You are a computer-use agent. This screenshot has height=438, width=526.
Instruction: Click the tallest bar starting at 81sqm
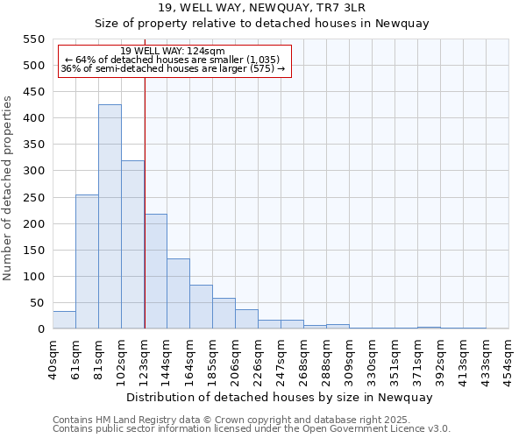[110, 216]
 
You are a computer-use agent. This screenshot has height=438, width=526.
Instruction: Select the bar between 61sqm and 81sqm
[87, 261]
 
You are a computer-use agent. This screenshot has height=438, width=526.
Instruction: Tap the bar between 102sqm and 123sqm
[132, 244]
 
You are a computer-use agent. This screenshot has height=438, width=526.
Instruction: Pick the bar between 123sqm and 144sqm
[155, 271]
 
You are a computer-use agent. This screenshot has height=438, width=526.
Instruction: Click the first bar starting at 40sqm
[64, 320]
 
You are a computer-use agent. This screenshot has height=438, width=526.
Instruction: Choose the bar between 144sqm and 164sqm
[178, 293]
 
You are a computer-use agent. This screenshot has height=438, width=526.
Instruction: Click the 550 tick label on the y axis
[33, 39]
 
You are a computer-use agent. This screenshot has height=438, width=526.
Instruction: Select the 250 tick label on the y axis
[33, 197]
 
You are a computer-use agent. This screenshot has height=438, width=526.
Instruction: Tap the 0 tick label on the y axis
[40, 329]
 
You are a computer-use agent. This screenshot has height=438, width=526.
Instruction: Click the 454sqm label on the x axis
[509, 357]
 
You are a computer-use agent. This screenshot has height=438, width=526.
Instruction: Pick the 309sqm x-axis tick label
[350, 357]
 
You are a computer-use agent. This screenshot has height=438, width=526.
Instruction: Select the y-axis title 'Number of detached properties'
[9, 188]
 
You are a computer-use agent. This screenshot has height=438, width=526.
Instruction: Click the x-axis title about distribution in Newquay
[280, 397]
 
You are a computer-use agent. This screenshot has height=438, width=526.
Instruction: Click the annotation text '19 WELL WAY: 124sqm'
[173, 51]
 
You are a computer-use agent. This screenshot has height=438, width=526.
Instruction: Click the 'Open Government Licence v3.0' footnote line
[252, 428]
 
